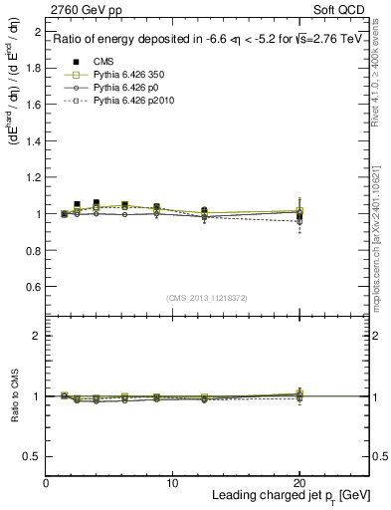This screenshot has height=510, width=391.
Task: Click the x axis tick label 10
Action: (x=172, y=483)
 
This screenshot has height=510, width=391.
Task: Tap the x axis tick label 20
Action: (x=298, y=483)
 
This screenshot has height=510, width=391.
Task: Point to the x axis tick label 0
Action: (x=46, y=483)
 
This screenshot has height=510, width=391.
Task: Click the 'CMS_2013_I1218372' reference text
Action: (x=207, y=298)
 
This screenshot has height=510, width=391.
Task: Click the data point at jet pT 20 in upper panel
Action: (x=299, y=213)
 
